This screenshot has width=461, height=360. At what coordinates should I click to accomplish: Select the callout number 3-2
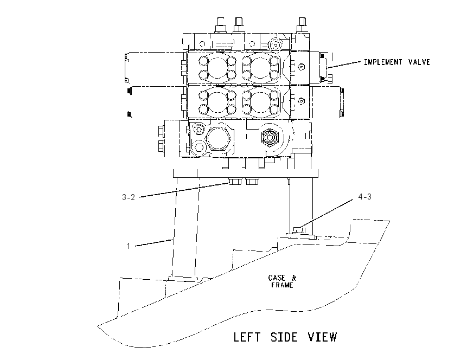point(129,197)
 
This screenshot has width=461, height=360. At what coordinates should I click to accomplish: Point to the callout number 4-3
point(364,197)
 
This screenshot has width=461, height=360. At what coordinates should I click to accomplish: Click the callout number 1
point(128,246)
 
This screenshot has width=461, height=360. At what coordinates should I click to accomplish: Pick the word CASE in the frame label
point(277,278)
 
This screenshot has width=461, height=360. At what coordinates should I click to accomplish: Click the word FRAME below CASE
point(282,285)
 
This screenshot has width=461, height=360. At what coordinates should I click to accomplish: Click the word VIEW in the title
point(322,337)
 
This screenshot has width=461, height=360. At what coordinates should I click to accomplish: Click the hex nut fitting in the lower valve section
point(270,137)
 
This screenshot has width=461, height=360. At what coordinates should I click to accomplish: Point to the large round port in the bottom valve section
point(218,139)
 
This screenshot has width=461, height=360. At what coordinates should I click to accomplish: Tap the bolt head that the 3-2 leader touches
point(235,182)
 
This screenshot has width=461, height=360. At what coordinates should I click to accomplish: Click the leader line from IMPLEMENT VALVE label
point(344,65)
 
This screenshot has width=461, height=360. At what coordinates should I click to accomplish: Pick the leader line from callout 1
point(154,243)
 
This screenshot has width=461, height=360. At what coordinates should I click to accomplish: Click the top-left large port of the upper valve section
point(217,68)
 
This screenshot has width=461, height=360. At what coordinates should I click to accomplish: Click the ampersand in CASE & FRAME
point(294,278)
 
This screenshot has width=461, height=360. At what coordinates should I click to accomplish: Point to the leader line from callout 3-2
point(184,190)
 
